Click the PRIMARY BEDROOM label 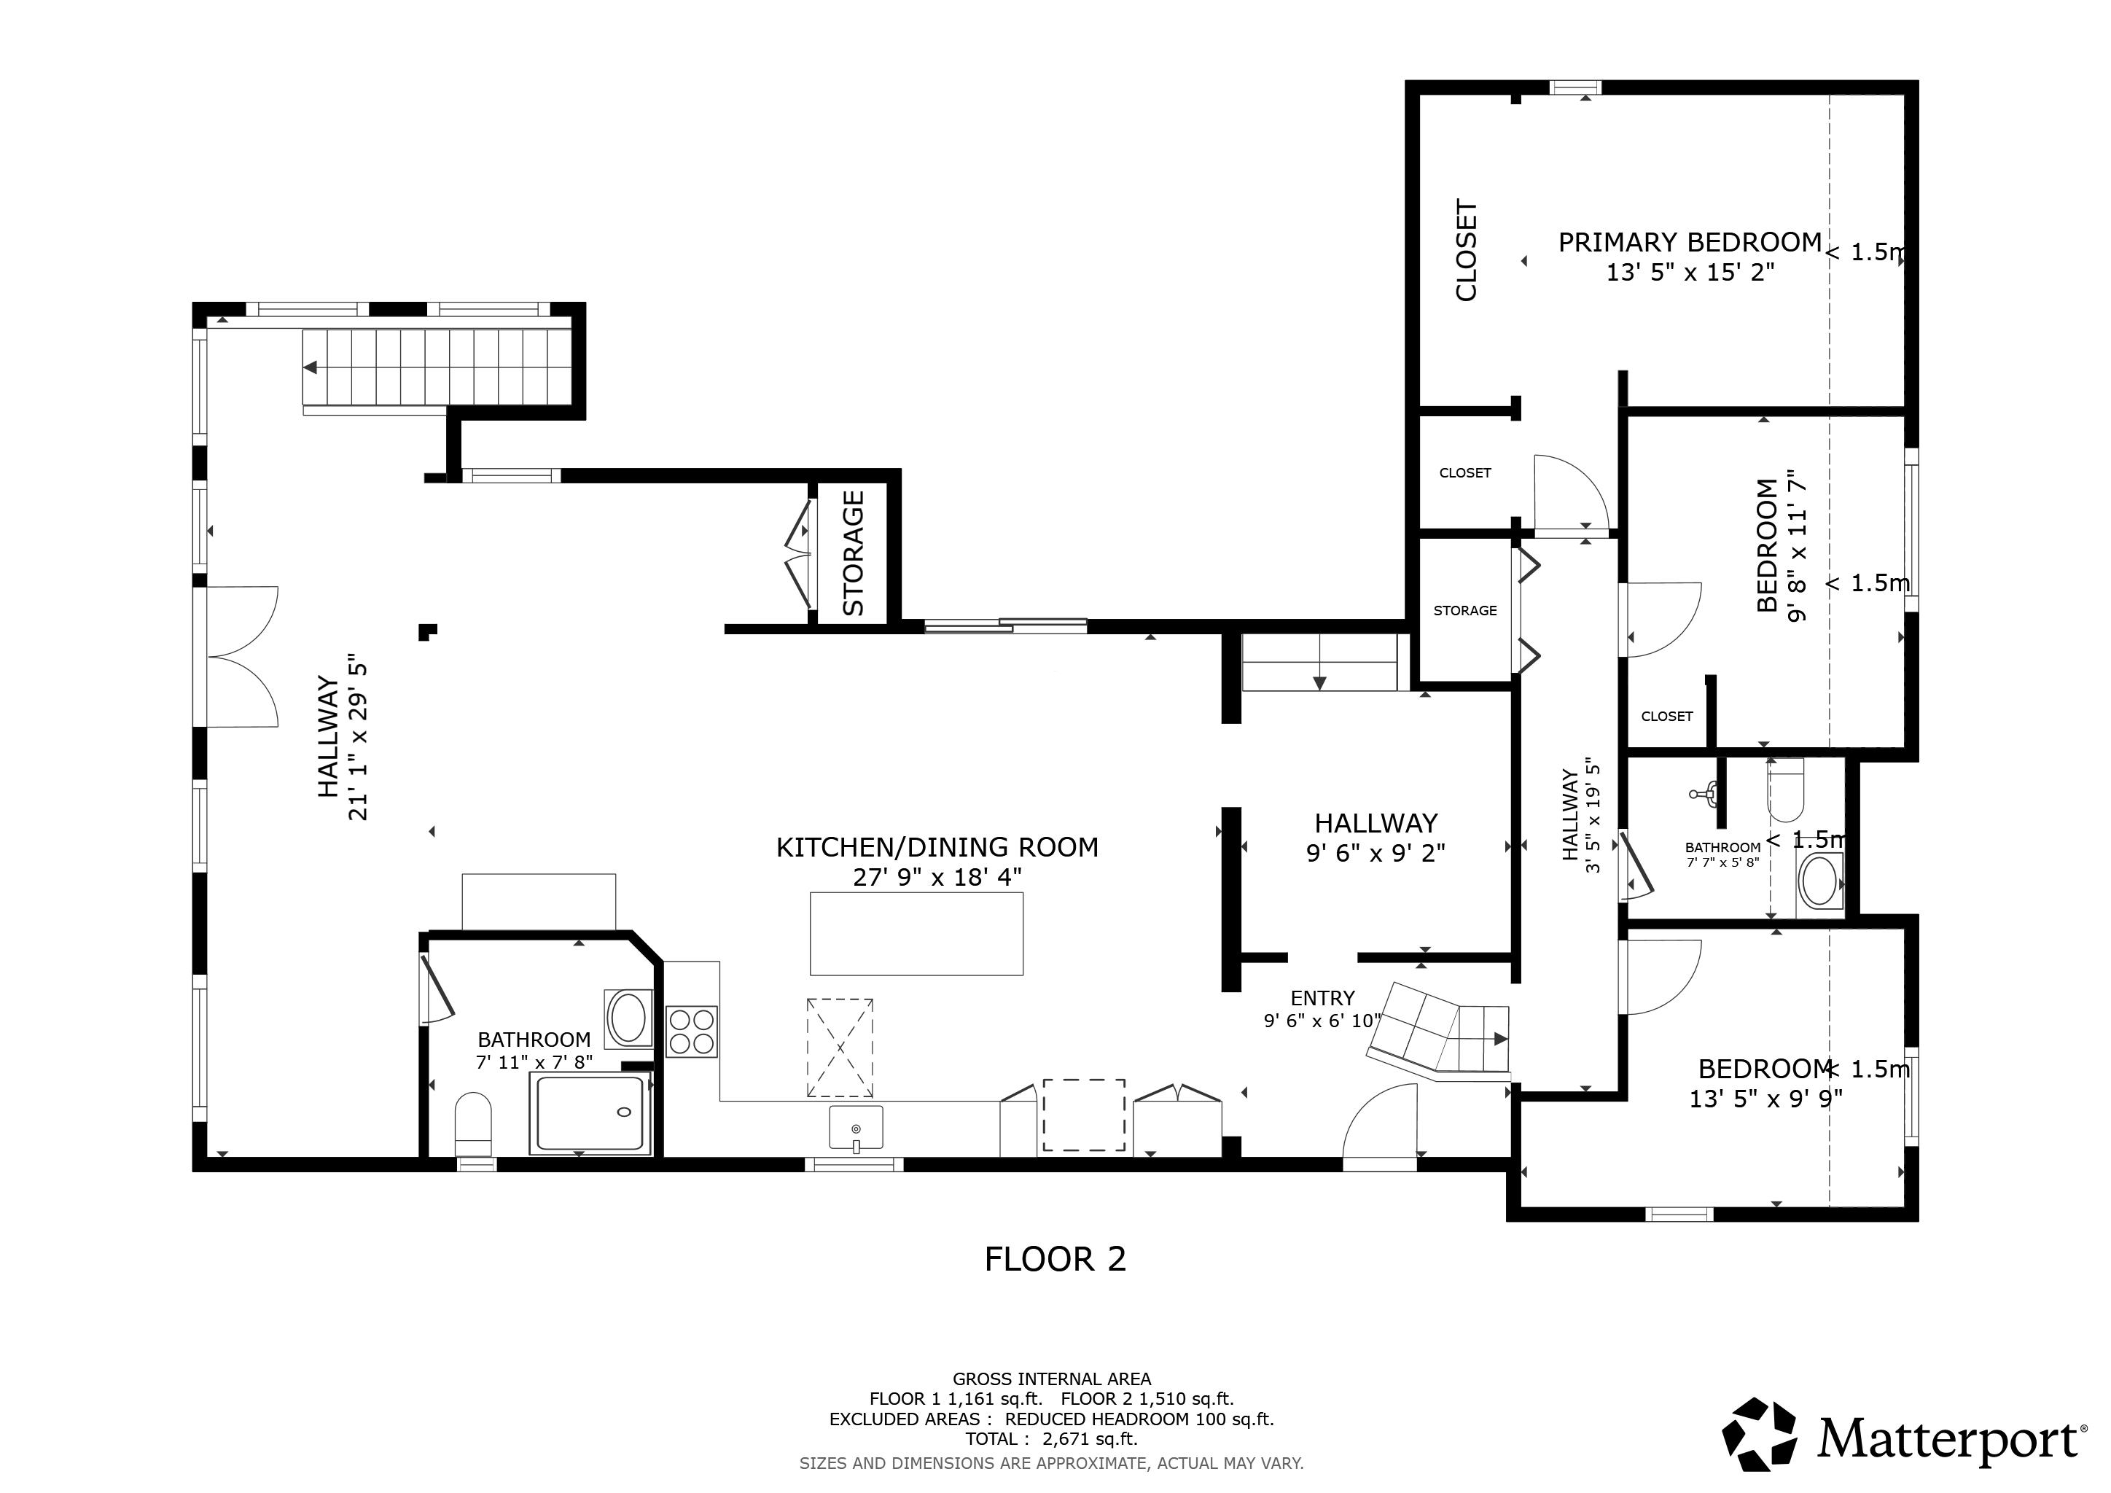[1689, 243]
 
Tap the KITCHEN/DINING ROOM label [937, 846]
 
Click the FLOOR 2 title [1055, 1258]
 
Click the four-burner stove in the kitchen [692, 1031]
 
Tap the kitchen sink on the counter [855, 1127]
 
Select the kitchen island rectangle [916, 933]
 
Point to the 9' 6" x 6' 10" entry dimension [1322, 1021]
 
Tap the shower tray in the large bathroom [590, 1112]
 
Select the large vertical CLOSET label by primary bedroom [1467, 250]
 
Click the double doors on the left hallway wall [241, 656]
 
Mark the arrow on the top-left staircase [311, 367]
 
